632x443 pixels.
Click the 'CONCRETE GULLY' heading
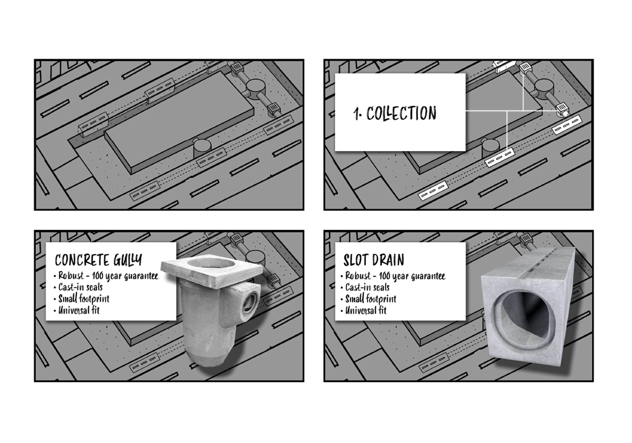(98, 260)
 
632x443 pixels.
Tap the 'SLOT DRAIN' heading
(373, 260)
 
